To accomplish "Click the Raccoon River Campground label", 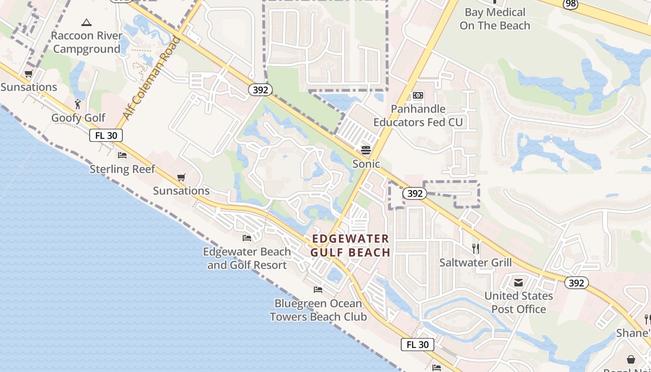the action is [86, 42].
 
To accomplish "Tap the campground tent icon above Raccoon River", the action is [86, 22].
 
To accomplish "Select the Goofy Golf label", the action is [78, 118].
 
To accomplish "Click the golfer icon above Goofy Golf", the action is [78, 104].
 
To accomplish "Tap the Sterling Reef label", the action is [122, 169].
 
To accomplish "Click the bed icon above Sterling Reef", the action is [122, 155].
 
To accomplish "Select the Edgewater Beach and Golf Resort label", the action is [247, 259].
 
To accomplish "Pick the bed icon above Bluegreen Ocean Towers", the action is [318, 290].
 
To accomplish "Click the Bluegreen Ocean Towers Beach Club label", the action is [318, 310].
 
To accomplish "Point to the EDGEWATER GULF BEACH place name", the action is [350, 246].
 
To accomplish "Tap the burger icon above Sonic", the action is [366, 150].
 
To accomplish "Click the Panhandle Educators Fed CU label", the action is [418, 115].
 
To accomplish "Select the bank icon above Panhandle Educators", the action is [418, 95].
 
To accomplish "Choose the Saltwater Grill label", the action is [476, 263].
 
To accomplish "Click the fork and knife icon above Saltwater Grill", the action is [476, 249].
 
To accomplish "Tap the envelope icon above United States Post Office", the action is [518, 282].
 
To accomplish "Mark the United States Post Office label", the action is [518, 302].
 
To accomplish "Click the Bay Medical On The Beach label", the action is [495, 19].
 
